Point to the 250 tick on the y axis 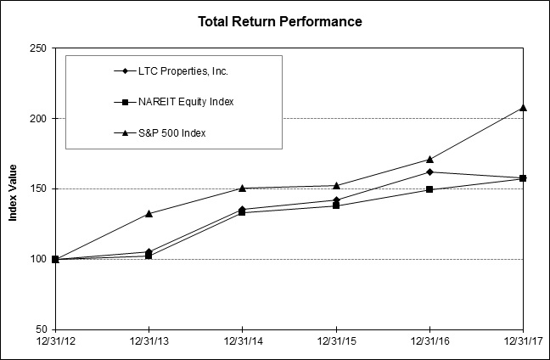tap(38, 48)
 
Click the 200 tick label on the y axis tap(38, 119)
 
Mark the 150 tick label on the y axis tap(38, 188)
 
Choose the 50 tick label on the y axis tap(41, 329)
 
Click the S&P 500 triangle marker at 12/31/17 tap(523, 107)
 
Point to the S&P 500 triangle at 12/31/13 tap(149, 213)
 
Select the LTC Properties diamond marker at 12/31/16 tap(429, 172)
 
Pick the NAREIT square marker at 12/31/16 tap(429, 189)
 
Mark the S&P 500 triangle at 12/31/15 tap(336, 185)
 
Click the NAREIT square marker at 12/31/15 tap(336, 205)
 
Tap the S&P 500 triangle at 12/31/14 tap(243, 188)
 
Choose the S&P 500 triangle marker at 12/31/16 tap(429, 159)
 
